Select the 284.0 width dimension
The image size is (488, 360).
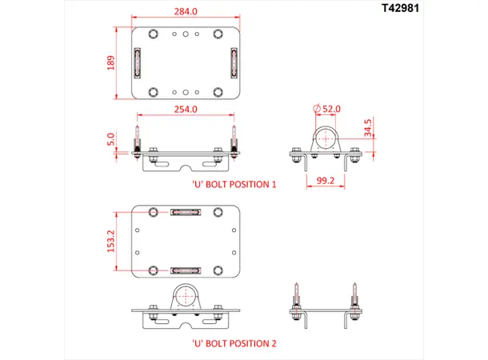185,11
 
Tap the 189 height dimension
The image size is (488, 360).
111,62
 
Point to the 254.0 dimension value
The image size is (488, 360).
184,110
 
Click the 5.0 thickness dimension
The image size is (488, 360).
111,140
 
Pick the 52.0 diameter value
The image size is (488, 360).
330,108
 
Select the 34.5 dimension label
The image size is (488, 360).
367,128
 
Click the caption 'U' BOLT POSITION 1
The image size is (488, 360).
234,183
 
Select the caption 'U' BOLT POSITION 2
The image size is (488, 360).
234,343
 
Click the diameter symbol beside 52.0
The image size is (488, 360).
317,108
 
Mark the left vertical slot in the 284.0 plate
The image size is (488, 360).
137,62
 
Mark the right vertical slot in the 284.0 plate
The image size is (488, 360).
233,62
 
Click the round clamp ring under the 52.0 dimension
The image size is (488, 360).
326,138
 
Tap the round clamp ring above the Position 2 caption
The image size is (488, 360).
185,295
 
